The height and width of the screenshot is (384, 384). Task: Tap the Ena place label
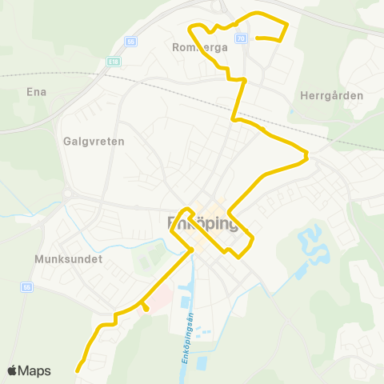pos(37,91)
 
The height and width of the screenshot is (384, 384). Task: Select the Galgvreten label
pos(89,139)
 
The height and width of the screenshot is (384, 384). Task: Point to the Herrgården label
pos(331,95)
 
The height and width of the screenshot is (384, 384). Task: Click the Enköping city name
pos(203,223)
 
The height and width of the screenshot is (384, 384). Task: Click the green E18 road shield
pos(112,60)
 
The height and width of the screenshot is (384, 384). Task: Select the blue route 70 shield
pos(240,38)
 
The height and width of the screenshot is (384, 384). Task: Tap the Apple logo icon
pos(13,370)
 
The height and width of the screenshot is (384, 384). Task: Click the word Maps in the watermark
pos(35,370)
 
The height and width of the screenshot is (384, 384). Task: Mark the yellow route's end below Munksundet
pos(78,370)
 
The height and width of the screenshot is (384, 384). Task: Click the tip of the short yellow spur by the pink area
pos(147,309)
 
